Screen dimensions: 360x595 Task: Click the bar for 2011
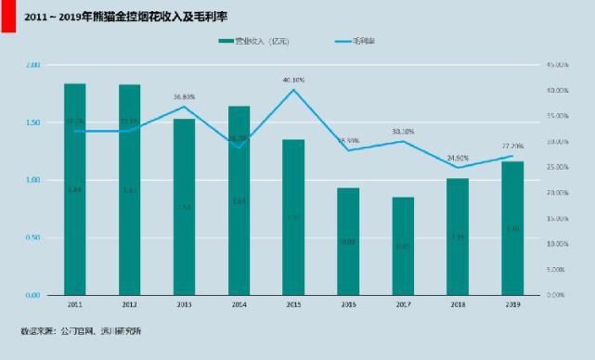tap(75, 189)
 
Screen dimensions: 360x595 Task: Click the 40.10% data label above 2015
tap(293, 80)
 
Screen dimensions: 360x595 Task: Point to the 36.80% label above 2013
tap(184, 96)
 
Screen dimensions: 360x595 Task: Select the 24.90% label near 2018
tap(458, 158)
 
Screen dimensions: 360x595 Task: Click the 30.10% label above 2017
tap(403, 132)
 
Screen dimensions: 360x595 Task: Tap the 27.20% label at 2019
tap(512, 146)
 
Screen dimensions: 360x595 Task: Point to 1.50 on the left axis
tap(32, 122)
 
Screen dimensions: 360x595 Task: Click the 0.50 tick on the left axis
tap(32, 238)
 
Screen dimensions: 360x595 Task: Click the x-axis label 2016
tap(348, 303)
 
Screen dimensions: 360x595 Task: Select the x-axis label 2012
tap(130, 303)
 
